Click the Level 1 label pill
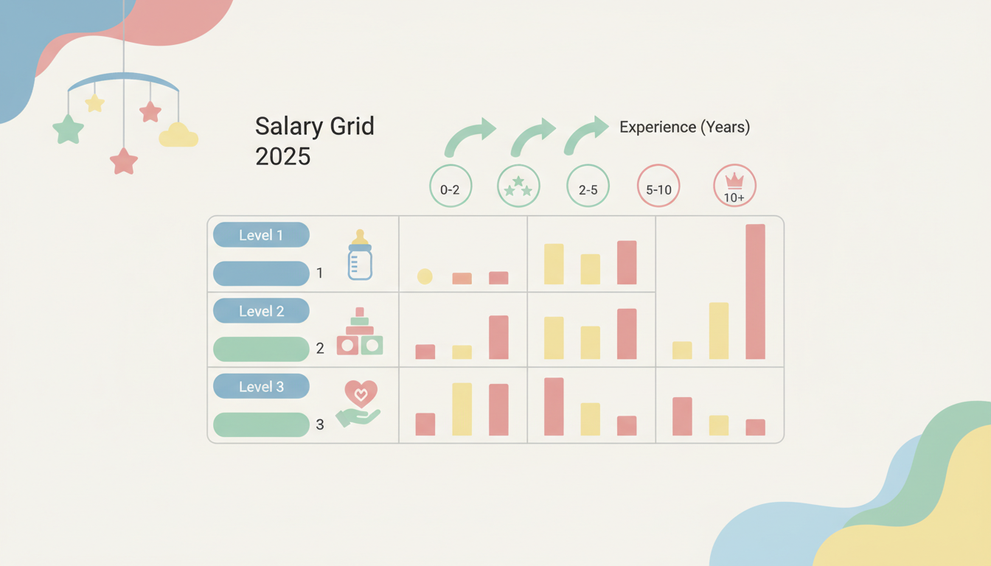(x=261, y=235)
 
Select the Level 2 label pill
(x=261, y=311)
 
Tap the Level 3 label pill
(x=261, y=386)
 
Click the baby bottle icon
(x=360, y=255)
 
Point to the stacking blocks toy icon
(x=360, y=332)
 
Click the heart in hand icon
(x=359, y=403)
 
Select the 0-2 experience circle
(x=450, y=189)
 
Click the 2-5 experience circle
(x=588, y=189)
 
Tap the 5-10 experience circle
(x=658, y=189)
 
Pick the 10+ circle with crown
(x=734, y=186)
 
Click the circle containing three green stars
(x=518, y=186)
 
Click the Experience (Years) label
(x=684, y=127)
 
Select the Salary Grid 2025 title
(x=314, y=140)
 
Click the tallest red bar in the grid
(x=755, y=291)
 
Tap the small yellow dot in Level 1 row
(x=425, y=276)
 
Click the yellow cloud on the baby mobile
(x=178, y=136)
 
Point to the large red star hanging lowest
(x=124, y=161)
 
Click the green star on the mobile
(x=68, y=129)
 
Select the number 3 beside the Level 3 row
(x=320, y=424)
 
